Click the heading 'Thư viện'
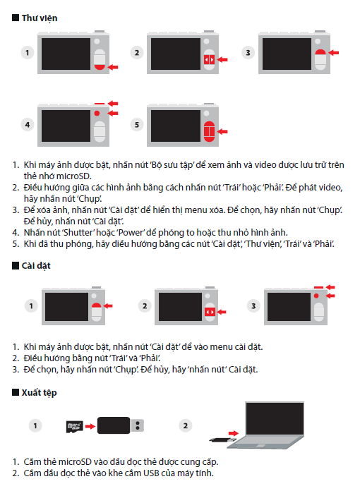(x=40, y=18)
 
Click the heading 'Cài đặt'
(x=36, y=266)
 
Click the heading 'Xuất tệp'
(x=39, y=393)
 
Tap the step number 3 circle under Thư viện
(x=248, y=53)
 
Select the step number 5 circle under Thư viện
(x=137, y=125)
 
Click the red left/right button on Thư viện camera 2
(x=210, y=59)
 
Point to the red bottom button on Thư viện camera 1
(x=100, y=67)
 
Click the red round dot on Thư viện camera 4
(x=97, y=114)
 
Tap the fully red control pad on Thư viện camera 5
(x=210, y=131)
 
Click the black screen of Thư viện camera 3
(x=287, y=54)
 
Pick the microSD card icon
(x=75, y=427)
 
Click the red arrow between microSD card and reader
(x=90, y=426)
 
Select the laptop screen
(x=275, y=418)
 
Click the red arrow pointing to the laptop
(x=234, y=433)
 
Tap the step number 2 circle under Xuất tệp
(x=186, y=425)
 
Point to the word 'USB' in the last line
(x=150, y=473)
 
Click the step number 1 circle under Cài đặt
(x=31, y=305)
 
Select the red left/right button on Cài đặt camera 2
(x=210, y=312)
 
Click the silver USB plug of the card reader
(x=137, y=425)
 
